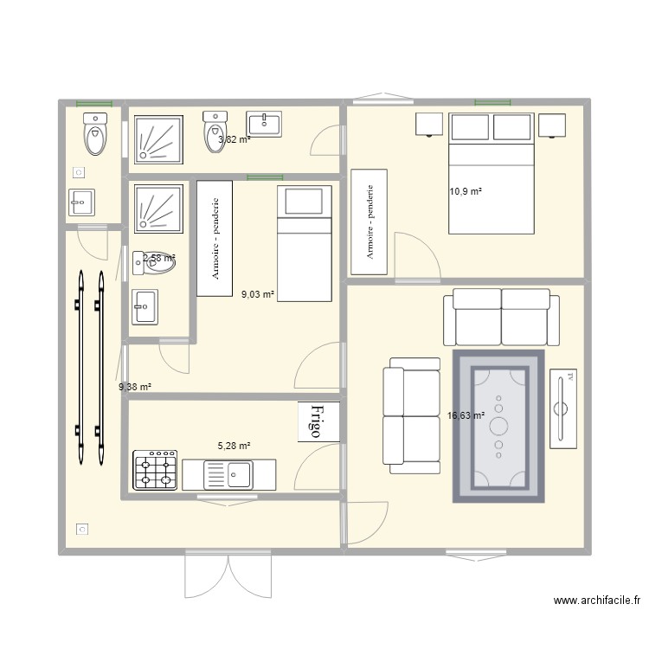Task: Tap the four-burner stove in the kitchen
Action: pos(155,470)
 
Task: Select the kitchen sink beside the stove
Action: pos(229,474)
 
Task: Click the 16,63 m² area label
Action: pos(466,415)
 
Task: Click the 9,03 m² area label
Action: pos(258,294)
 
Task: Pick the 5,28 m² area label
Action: pos(234,446)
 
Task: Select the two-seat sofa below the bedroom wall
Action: pos(495,318)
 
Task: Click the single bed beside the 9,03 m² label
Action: pos(305,244)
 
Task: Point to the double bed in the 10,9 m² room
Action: pos(491,173)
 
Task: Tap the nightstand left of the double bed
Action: pos(429,125)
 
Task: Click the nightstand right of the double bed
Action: pos(552,125)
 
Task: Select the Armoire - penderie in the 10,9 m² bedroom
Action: pos(369,222)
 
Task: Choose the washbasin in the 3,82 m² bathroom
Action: pos(264,124)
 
